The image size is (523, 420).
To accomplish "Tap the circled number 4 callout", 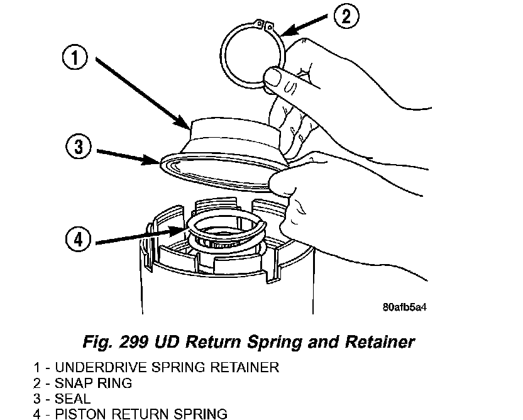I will (79, 240).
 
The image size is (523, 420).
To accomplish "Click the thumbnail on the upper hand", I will (272, 79).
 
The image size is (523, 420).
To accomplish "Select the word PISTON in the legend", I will (80, 414).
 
